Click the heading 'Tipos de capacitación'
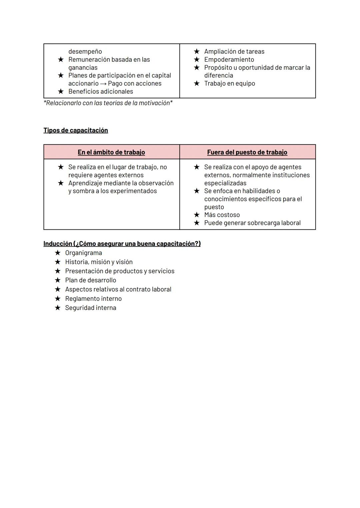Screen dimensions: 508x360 pyautogui.click(x=76, y=130)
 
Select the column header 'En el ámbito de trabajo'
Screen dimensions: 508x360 pyautogui.click(x=111, y=152)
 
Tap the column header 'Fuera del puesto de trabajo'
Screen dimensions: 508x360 pyautogui.click(x=247, y=152)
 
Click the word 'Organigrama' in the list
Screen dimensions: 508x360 pyautogui.click(x=83, y=253)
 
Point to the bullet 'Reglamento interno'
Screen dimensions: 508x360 pyautogui.click(x=93, y=298)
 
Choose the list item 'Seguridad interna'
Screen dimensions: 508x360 pyautogui.click(x=91, y=308)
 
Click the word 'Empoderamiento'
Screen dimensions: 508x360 pyautogui.click(x=229, y=60)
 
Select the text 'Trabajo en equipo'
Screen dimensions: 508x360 pyautogui.click(x=229, y=84)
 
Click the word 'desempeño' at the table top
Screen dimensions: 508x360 pyautogui.click(x=85, y=52)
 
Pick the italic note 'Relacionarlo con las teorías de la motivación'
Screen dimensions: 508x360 pyautogui.click(x=108, y=103)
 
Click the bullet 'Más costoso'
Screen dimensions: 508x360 pyautogui.click(x=222, y=215)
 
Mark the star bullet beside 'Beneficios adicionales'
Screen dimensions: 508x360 pyautogui.click(x=61, y=91)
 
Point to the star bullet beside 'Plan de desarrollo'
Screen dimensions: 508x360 pyautogui.click(x=58, y=280)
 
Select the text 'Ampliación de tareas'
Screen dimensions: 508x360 pyautogui.click(x=234, y=52)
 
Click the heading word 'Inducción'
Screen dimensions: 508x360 pyautogui.click(x=58, y=244)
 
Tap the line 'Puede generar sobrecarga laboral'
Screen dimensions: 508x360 pyautogui.click(x=252, y=223)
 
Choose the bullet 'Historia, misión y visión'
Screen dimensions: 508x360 pyautogui.click(x=99, y=262)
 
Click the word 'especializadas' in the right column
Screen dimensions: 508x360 pyautogui.click(x=225, y=183)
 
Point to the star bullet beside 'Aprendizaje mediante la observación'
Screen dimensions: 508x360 pyautogui.click(x=61, y=183)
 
